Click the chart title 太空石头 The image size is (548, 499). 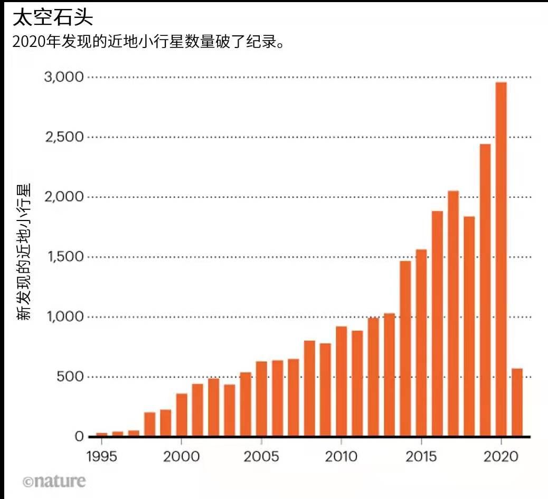53,18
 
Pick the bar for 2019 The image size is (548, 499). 485,290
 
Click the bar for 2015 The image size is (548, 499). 421,343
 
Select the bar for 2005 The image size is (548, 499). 261,399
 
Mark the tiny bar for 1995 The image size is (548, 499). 101,435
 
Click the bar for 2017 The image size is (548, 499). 453,313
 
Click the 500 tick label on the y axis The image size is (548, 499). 71,377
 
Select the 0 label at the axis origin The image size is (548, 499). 79,437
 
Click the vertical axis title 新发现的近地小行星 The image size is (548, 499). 24,252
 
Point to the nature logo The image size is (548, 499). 54,481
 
